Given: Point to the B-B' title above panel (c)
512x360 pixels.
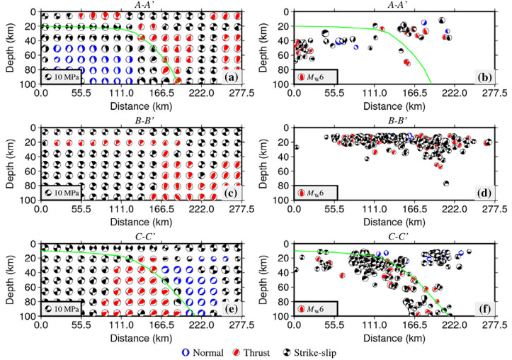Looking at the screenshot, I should click(140, 120).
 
